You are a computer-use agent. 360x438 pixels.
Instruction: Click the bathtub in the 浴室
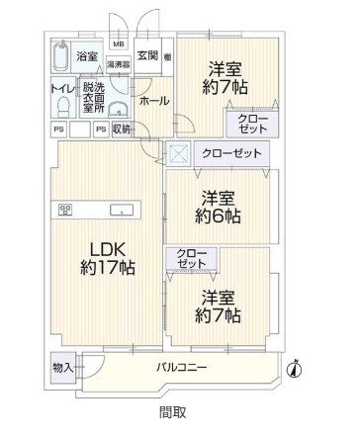click(61, 57)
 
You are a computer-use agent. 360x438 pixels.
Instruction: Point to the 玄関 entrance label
click(147, 55)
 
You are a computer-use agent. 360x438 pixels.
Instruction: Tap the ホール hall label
click(152, 101)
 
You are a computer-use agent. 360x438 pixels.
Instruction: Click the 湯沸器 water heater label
click(118, 62)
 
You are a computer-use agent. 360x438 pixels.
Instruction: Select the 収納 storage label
click(121, 130)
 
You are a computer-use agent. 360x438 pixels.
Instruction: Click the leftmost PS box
click(57, 130)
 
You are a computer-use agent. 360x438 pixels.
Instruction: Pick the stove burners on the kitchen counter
click(66, 209)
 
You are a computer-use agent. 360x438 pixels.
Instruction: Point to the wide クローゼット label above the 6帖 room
click(231, 153)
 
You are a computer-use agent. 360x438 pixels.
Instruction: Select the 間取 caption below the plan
click(172, 412)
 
